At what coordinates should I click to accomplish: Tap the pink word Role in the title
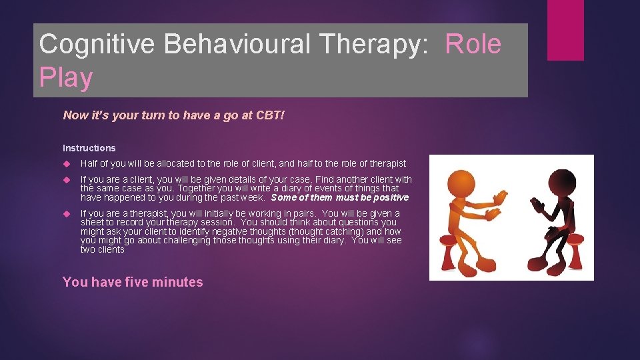[473, 44]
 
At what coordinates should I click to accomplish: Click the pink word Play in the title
[65, 78]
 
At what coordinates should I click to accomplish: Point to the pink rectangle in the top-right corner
[565, 30]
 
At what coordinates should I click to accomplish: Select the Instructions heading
[89, 148]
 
